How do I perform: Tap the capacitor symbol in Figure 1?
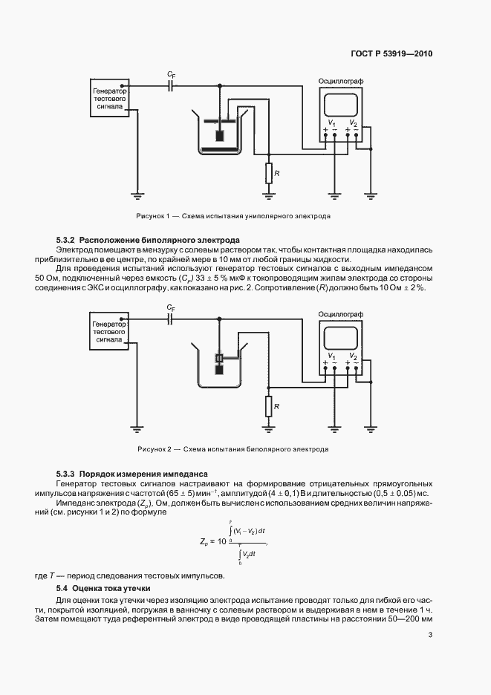click(172, 86)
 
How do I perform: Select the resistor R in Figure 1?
click(268, 173)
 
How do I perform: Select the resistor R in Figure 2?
click(268, 406)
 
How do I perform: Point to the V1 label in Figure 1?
click(331, 123)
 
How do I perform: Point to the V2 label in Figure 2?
click(353, 356)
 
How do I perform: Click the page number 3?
click(430, 635)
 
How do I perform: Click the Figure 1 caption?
click(233, 216)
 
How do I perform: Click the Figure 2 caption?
click(233, 449)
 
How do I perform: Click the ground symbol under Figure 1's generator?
click(136, 196)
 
